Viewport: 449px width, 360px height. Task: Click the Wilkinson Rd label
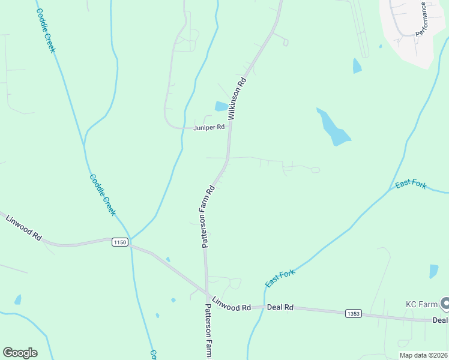tap(238, 97)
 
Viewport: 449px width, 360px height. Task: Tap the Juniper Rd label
tap(209, 127)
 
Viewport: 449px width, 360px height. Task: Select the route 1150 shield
tap(120, 242)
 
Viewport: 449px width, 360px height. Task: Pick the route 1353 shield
tap(354, 313)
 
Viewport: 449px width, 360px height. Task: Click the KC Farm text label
tap(421, 304)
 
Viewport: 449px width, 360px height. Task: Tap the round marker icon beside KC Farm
tap(445, 305)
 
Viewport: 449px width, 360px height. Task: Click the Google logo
tap(20, 353)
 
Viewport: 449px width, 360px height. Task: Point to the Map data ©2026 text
tap(423, 355)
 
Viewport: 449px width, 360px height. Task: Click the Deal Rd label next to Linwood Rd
tap(280, 307)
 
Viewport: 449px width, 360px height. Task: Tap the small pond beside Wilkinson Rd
tap(221, 106)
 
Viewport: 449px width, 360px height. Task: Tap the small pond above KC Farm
tap(433, 271)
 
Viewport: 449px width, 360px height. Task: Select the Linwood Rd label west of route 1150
tap(23, 227)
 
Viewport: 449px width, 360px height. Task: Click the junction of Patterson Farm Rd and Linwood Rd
tap(207, 295)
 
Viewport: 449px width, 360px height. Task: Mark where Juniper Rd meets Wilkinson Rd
tap(229, 128)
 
